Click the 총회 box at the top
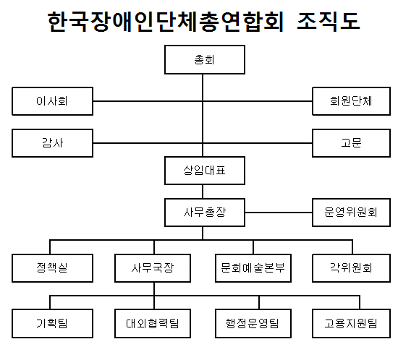(x=205, y=59)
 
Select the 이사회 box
(x=52, y=101)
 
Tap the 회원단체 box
(x=351, y=101)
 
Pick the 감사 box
(x=52, y=143)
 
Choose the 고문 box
(x=351, y=143)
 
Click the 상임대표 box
(x=205, y=171)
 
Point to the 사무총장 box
(x=205, y=213)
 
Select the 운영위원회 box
(x=351, y=213)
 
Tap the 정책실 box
(x=52, y=268)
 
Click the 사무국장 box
(x=153, y=268)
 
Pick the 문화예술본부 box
(x=253, y=268)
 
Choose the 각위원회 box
(x=351, y=268)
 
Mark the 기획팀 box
(x=52, y=323)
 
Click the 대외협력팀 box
(x=153, y=323)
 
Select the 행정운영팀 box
(x=253, y=323)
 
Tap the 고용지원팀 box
(x=351, y=323)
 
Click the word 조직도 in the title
(x=329, y=21)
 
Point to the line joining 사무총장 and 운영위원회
(x=279, y=213)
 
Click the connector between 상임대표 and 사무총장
(x=203, y=192)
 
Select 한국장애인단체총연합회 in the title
(x=165, y=21)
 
